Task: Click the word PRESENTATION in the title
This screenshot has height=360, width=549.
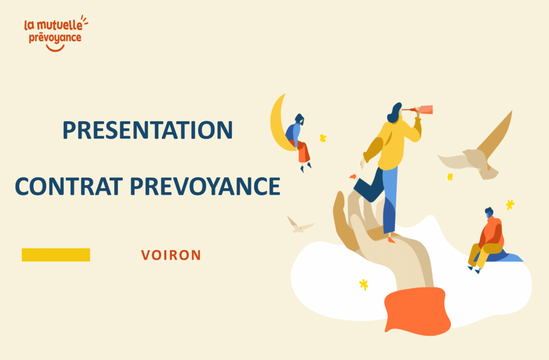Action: tap(147, 130)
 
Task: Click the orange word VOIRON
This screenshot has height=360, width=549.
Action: tap(171, 255)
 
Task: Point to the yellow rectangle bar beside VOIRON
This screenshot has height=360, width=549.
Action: tap(56, 255)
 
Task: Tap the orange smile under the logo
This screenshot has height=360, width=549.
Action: tap(55, 48)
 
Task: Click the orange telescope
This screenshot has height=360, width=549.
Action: tap(423, 110)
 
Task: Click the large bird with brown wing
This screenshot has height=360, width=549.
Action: tap(480, 150)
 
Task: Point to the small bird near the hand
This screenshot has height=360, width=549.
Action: tap(299, 225)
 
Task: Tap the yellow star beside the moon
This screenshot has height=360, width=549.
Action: tap(323, 138)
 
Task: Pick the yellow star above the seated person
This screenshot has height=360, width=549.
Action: tap(510, 204)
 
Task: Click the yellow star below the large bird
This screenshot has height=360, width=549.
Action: tap(450, 177)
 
